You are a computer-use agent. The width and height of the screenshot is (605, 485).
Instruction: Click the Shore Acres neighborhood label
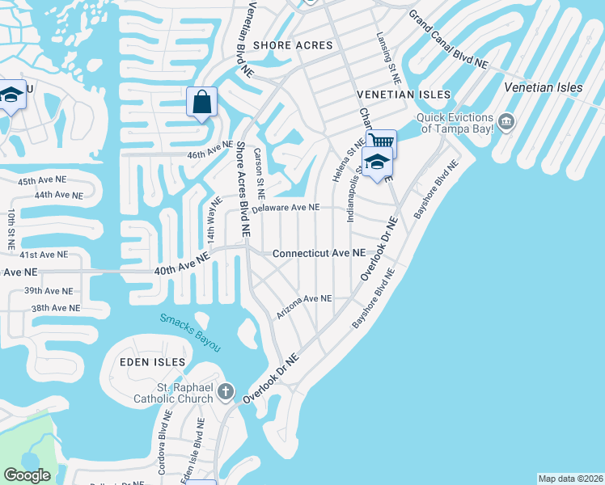[x=293, y=45]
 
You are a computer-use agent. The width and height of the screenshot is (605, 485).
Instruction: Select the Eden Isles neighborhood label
[x=153, y=361]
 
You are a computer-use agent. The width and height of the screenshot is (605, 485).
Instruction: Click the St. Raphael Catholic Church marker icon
[x=227, y=392]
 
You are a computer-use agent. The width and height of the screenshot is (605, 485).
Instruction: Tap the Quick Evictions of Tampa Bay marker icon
[x=506, y=122]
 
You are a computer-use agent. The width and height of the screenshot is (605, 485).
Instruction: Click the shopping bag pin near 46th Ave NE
[x=201, y=103]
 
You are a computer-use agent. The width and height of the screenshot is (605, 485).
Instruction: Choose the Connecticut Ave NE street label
[x=319, y=253]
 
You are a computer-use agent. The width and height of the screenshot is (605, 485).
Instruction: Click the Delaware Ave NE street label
[x=286, y=209]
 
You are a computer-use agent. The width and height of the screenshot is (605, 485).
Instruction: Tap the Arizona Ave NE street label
[x=304, y=305]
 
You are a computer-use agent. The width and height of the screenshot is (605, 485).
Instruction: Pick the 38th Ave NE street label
[x=55, y=308]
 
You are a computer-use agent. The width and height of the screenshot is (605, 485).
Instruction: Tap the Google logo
[x=27, y=475]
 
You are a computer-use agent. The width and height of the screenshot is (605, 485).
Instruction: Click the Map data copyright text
[x=570, y=479]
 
